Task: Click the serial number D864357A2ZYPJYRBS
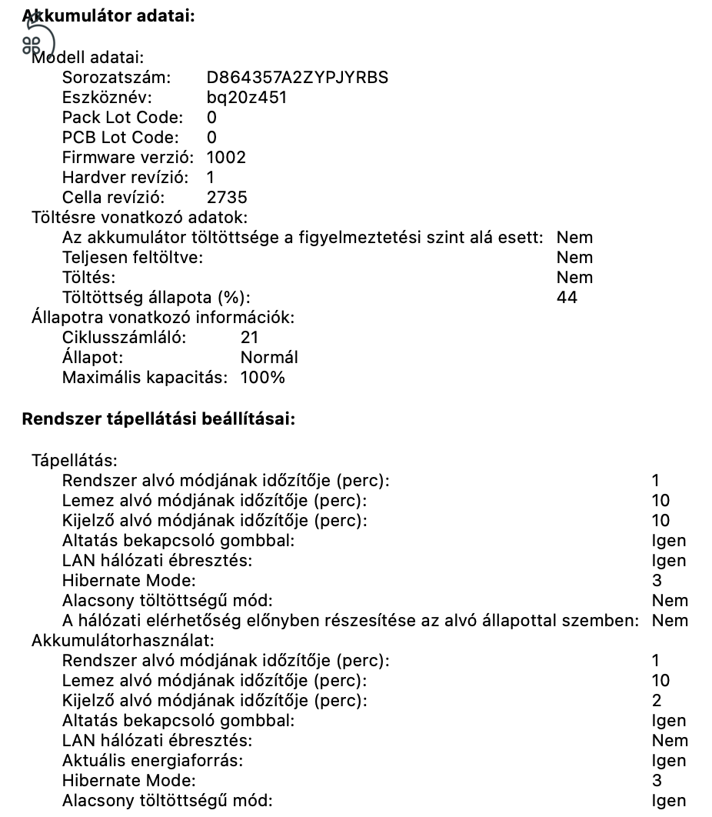click(x=297, y=78)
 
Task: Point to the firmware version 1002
click(x=226, y=158)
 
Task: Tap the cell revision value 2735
click(x=227, y=198)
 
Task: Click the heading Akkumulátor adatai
click(x=108, y=15)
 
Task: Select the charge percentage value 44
click(x=567, y=298)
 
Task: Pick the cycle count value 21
click(x=249, y=338)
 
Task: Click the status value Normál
click(x=269, y=358)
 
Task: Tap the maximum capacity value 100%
click(x=262, y=378)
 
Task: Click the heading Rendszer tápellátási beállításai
click(x=159, y=419)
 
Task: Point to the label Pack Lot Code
click(x=122, y=118)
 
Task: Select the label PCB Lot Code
click(x=120, y=138)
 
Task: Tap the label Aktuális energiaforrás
click(x=152, y=761)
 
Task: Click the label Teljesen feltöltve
click(x=132, y=258)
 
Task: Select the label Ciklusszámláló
click(x=124, y=338)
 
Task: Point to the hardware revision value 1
click(x=211, y=178)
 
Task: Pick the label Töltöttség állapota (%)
click(x=156, y=298)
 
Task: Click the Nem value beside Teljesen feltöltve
click(x=574, y=258)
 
